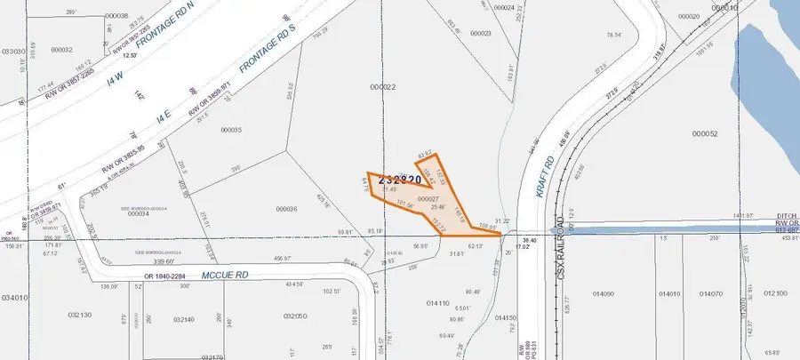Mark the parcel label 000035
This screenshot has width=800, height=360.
[x=229, y=130]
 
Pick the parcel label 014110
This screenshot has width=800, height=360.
[x=437, y=303]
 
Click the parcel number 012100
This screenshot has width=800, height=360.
[x=775, y=293]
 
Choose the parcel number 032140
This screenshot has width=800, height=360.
[x=184, y=320]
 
